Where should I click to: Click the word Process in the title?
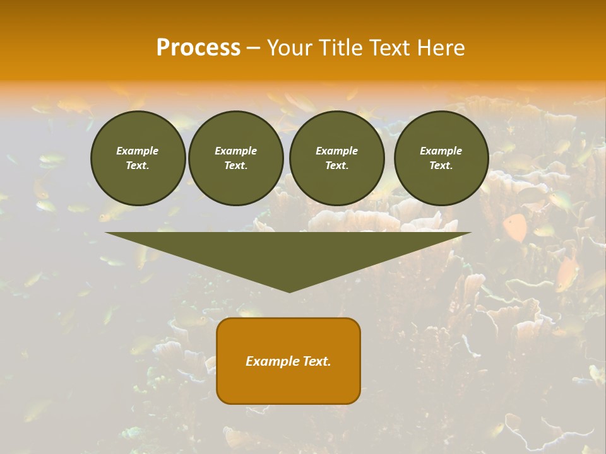pos(198,47)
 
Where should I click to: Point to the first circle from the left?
pos(138,158)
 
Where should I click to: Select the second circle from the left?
pos(235,158)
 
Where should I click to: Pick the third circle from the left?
pos(336,158)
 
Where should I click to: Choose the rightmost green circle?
pos(441,158)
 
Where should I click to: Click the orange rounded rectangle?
pos(288,361)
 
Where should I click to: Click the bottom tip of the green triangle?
pos(289,291)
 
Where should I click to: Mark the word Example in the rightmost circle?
pos(441,151)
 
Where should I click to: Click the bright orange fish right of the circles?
pos(516,228)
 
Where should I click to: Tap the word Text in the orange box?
pos(316,361)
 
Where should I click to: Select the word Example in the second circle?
pos(235,151)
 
